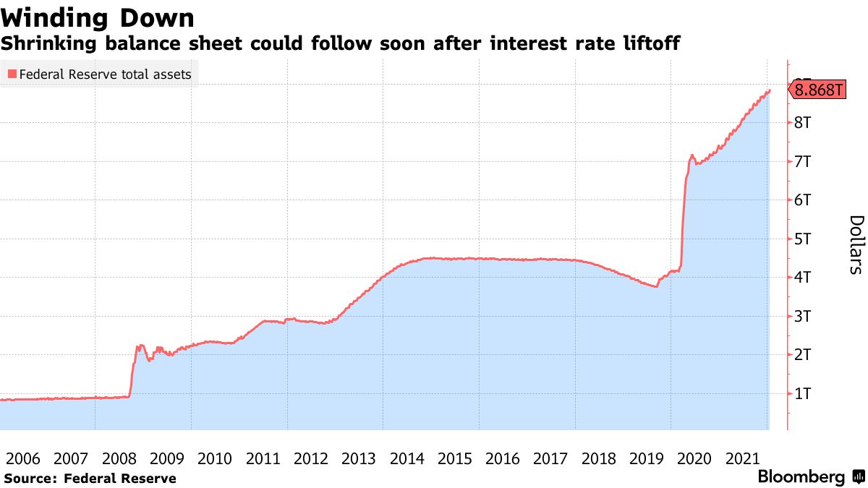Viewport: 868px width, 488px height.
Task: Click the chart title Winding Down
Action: (98, 17)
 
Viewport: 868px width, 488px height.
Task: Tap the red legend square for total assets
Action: (12, 74)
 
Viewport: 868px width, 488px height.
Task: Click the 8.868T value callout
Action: (819, 90)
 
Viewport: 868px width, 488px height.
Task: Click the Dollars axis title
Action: (856, 244)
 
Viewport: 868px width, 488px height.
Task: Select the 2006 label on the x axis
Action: (22, 458)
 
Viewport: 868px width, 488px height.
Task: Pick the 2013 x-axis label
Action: (359, 458)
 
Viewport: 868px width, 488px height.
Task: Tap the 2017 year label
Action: (550, 458)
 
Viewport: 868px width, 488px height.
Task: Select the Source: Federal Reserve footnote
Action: (90, 478)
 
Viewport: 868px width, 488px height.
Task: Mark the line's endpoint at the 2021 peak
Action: (770, 90)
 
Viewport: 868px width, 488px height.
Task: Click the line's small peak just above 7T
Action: (692, 155)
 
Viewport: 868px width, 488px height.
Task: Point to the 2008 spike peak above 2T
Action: (140, 346)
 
